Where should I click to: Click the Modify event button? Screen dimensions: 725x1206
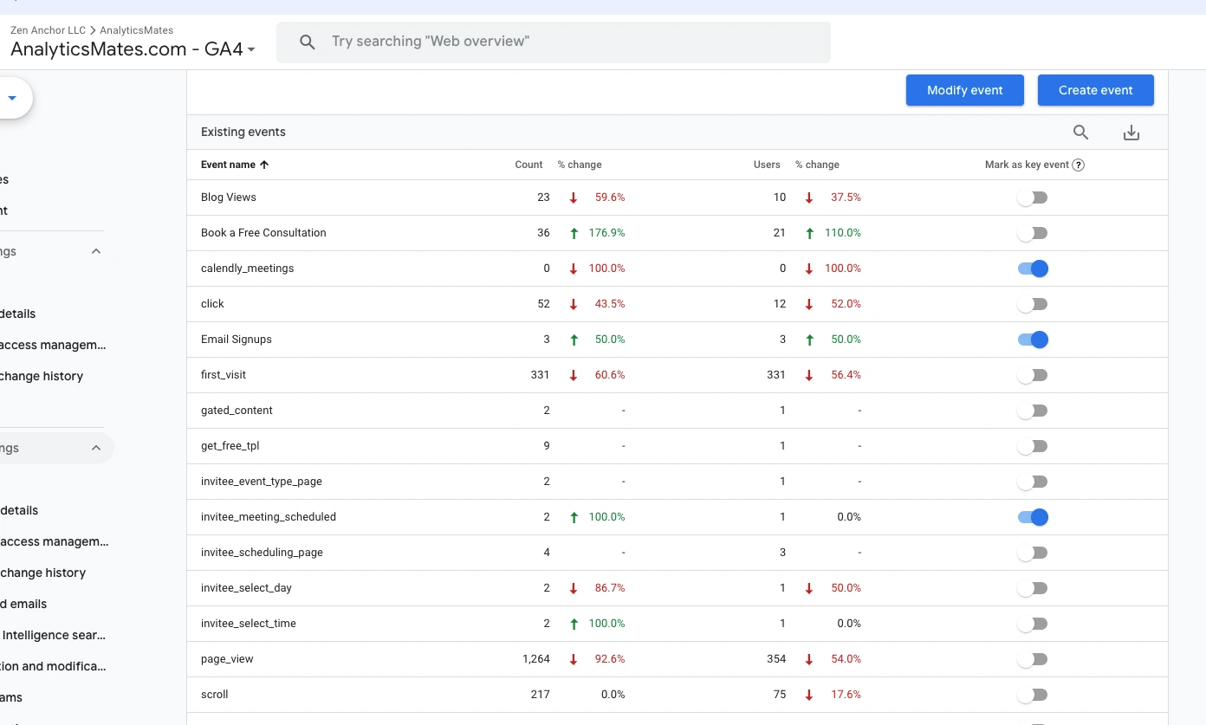(964, 90)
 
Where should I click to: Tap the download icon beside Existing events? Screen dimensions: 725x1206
(1131, 133)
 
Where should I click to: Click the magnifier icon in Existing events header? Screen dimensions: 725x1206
(1080, 133)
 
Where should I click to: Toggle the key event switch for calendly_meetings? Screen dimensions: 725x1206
(1033, 269)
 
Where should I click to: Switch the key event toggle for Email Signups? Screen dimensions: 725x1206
(1033, 340)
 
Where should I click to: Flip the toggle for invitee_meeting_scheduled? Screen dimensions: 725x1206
(1033, 517)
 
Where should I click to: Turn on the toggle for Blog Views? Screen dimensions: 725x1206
(1033, 197)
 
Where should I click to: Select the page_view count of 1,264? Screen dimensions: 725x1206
(536, 659)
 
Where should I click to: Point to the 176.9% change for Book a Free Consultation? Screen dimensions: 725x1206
(609, 233)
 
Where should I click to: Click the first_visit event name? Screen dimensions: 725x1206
(224, 375)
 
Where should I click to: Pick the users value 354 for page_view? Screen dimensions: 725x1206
(776, 659)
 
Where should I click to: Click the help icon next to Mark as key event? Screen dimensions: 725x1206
(1079, 165)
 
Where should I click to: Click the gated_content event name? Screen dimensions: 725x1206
(237, 411)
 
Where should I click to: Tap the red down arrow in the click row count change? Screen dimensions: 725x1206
(574, 304)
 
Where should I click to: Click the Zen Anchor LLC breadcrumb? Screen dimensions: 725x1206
(48, 30)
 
